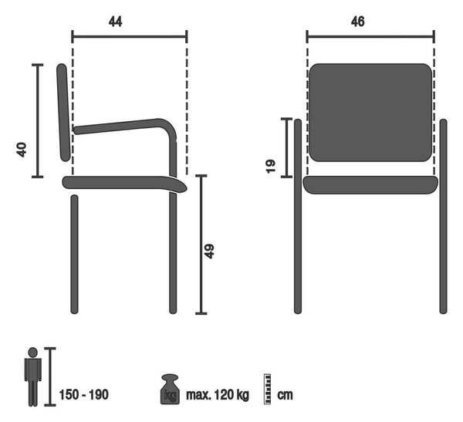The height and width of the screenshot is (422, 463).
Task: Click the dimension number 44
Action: click(115, 22)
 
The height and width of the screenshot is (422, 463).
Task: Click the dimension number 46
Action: click(357, 22)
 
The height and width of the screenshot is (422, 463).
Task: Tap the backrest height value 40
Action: click(22, 150)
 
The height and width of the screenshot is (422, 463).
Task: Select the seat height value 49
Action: click(209, 252)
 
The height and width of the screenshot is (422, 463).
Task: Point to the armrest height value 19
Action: click(271, 167)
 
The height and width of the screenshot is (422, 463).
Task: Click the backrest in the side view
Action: click(63, 113)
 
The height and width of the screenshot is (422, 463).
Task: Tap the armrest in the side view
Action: click(127, 126)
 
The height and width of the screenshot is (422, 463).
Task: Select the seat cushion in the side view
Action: click(124, 183)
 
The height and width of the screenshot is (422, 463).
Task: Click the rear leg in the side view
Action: click(74, 254)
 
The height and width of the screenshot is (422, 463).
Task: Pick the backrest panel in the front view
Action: click(370, 113)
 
